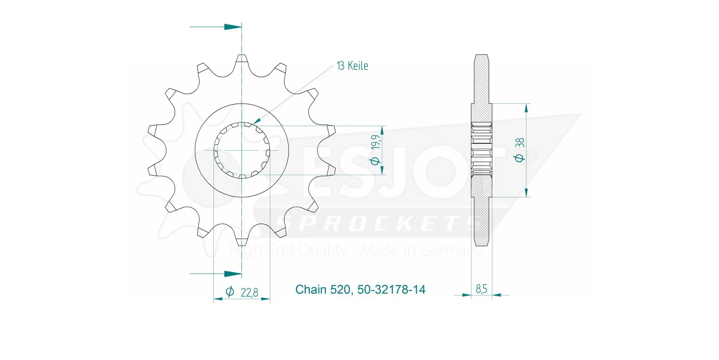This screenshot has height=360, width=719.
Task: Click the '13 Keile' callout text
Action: click(x=352, y=66)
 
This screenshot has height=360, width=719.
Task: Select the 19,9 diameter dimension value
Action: click(x=375, y=142)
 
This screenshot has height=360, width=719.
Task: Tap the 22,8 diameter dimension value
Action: click(x=249, y=292)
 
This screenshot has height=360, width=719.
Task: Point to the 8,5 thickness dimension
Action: click(x=481, y=289)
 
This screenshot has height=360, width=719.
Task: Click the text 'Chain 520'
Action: click(x=322, y=289)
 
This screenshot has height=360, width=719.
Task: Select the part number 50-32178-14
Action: click(x=391, y=289)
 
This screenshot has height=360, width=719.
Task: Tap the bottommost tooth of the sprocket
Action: click(x=242, y=242)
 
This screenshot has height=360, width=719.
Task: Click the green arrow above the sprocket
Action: click(x=232, y=27)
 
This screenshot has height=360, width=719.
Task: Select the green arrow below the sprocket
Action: click(x=232, y=273)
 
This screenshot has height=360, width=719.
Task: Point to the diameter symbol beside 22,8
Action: click(x=230, y=292)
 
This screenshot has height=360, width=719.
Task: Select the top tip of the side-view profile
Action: click(x=481, y=55)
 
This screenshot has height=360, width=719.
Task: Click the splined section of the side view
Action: click(x=481, y=150)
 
